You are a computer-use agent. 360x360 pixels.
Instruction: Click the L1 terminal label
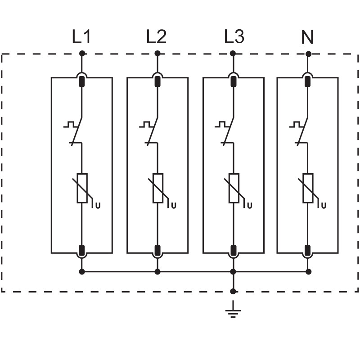(81, 37)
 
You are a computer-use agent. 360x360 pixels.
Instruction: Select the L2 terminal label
(156, 37)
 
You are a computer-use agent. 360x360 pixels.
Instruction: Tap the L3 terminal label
(234, 37)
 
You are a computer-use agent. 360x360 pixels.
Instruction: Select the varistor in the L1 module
(82, 188)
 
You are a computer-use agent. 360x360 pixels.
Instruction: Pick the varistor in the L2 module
(157, 188)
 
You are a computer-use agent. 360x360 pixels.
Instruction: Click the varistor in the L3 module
(233, 188)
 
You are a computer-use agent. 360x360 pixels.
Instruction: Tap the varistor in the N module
(308, 188)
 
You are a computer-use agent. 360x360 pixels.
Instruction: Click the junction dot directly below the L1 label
(82, 54)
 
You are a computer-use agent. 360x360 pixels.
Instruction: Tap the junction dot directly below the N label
(308, 54)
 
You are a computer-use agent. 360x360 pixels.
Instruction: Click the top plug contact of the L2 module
(157, 81)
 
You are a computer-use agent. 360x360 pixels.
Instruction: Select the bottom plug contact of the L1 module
(82, 250)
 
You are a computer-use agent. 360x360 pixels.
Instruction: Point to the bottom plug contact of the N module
(308, 250)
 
